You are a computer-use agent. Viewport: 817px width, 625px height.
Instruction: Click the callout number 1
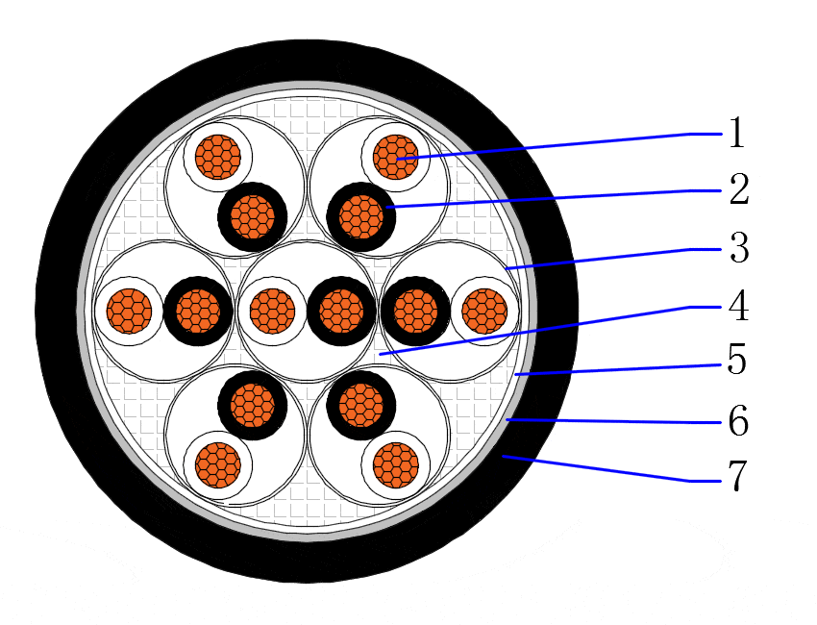(x=737, y=133)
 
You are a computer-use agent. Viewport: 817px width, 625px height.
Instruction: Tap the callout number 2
(x=739, y=188)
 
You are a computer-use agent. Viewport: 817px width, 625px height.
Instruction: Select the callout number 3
(x=739, y=248)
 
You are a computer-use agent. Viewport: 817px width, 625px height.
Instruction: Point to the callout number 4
(x=738, y=306)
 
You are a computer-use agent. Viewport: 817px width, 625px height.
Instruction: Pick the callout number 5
(x=737, y=359)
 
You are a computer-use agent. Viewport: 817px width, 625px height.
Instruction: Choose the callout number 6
(x=738, y=419)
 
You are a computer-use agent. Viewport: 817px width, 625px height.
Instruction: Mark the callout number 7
(x=737, y=476)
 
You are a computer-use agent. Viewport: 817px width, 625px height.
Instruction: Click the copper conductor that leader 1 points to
(x=396, y=157)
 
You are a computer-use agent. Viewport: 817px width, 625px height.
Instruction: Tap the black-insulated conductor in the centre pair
(x=342, y=312)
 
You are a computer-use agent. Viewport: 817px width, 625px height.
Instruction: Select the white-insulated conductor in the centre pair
(x=272, y=312)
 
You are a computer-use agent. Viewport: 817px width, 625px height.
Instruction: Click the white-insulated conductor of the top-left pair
(x=218, y=157)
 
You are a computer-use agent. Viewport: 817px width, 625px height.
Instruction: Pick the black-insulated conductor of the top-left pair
(x=253, y=216)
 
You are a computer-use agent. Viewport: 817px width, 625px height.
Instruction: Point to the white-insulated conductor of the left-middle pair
(x=129, y=312)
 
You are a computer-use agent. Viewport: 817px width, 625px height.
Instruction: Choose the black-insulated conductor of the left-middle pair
(x=199, y=312)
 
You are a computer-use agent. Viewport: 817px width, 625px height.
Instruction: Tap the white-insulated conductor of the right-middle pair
(x=484, y=312)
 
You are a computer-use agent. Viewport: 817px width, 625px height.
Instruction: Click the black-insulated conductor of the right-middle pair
(x=415, y=312)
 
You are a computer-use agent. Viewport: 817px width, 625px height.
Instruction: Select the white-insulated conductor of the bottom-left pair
(x=218, y=465)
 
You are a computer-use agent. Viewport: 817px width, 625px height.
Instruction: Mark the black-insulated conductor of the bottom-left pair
(x=253, y=406)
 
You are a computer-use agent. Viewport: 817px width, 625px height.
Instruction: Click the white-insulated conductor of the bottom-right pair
(x=396, y=465)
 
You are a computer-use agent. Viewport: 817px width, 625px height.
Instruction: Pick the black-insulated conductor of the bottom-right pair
(x=361, y=406)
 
